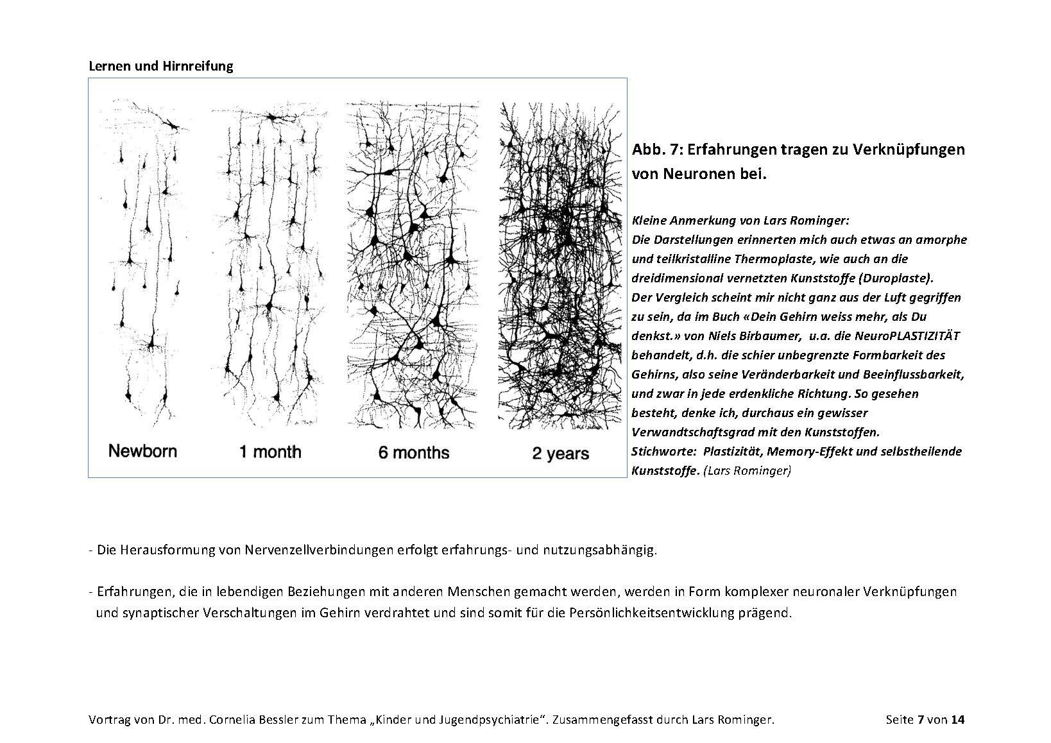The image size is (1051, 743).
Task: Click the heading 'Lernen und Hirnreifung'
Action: (x=160, y=66)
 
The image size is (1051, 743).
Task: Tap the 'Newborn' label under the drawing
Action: (x=142, y=450)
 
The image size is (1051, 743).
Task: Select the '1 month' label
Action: (x=270, y=452)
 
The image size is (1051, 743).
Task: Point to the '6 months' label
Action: (x=414, y=453)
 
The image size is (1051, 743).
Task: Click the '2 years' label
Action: (x=560, y=454)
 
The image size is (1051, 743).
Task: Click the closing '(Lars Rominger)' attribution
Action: (x=748, y=470)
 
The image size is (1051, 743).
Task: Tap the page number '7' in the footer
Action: (x=921, y=720)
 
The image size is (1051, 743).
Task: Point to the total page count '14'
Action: (x=957, y=720)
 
